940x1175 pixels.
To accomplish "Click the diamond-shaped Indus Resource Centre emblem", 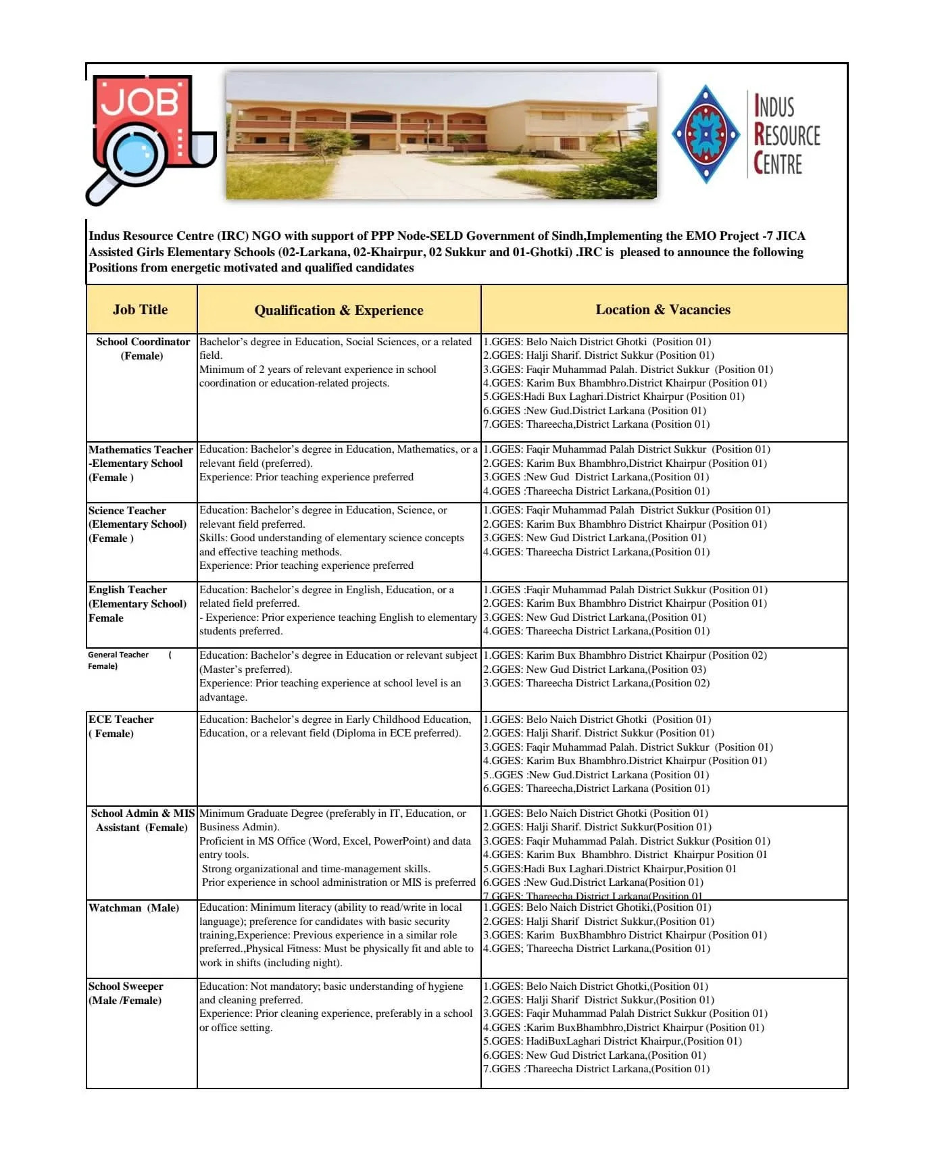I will tap(706, 134).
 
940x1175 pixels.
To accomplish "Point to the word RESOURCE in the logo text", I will tap(787, 135).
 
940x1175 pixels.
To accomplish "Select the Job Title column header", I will tap(141, 309).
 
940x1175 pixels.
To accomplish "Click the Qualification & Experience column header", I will tap(339, 310).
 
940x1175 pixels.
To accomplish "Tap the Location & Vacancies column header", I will tap(663, 309).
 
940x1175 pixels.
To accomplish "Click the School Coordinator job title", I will tap(143, 349).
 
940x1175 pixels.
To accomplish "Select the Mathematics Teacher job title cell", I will tap(141, 464).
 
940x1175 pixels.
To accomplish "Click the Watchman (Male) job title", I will tap(134, 907).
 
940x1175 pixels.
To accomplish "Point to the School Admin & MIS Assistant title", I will tap(143, 820).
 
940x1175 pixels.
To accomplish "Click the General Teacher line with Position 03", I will tap(595, 670).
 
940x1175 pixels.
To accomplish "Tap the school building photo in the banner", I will tap(441, 136).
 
